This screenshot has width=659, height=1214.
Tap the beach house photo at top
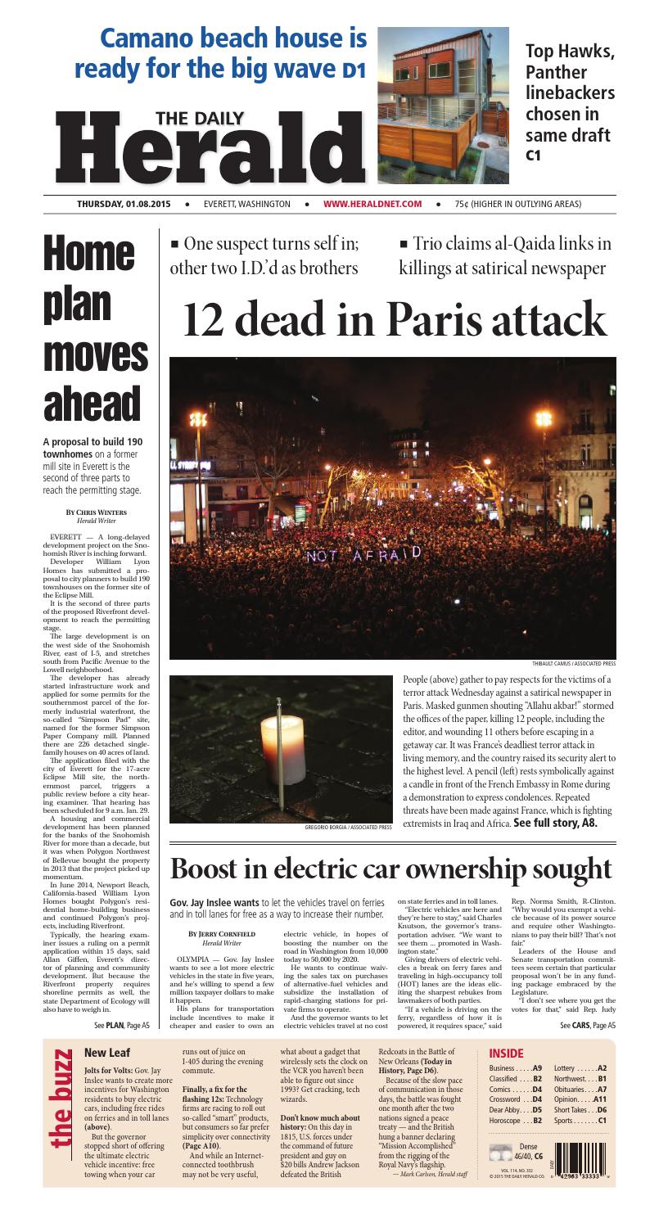pyautogui.click(x=443, y=102)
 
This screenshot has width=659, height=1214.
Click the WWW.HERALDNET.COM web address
pyautogui.click(x=372, y=204)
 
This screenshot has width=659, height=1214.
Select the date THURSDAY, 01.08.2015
pyautogui.click(x=126, y=204)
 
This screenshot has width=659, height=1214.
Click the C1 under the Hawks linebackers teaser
pyautogui.click(x=534, y=154)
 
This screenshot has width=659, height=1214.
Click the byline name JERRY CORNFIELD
pyautogui.click(x=222, y=933)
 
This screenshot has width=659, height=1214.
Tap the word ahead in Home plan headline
pyautogui.click(x=92, y=404)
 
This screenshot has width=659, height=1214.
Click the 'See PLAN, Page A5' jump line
pyautogui.click(x=121, y=1024)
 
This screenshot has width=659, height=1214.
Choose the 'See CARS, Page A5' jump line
pyautogui.click(x=588, y=1024)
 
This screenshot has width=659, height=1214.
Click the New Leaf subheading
pyautogui.click(x=107, y=1053)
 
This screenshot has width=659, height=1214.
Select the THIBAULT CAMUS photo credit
pyautogui.click(x=574, y=663)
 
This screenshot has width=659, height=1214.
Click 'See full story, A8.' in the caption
pyautogui.click(x=555, y=823)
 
